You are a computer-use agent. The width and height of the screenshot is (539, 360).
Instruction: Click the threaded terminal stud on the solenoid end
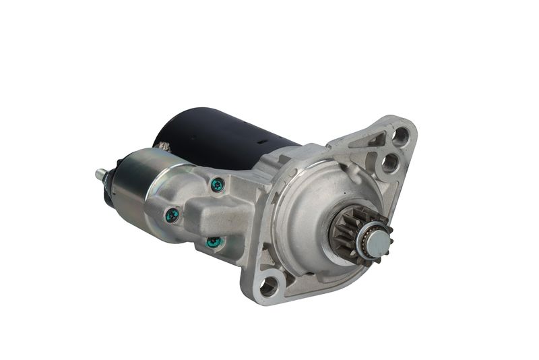pyautogui.click(x=101, y=175)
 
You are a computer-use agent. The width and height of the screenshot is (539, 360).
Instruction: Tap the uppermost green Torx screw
pyautogui.click(x=217, y=184)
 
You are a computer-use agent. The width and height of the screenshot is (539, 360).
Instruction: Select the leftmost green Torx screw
pyautogui.click(x=172, y=215)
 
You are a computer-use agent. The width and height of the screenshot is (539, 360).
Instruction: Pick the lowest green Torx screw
pyautogui.click(x=214, y=241)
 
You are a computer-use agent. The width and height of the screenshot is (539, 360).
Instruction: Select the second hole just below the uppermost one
pyautogui.click(x=390, y=162)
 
